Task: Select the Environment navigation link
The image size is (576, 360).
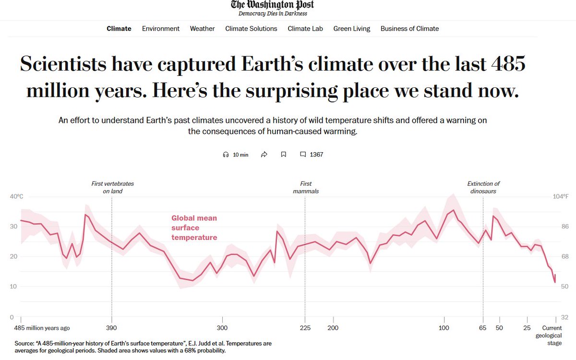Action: pyautogui.click(x=160, y=29)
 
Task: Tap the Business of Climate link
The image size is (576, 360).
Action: pyautogui.click(x=409, y=29)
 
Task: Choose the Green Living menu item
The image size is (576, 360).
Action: pyautogui.click(x=351, y=29)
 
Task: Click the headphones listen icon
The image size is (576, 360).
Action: pyautogui.click(x=226, y=155)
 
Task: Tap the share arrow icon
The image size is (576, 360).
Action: pyautogui.click(x=264, y=155)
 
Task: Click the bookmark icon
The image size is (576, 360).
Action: pyautogui.click(x=283, y=155)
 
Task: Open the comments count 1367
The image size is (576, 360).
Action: pyautogui.click(x=312, y=155)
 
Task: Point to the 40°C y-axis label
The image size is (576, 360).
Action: pyautogui.click(x=16, y=196)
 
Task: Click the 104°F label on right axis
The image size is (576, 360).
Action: pyautogui.click(x=560, y=196)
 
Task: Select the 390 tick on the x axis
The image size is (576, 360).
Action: pyautogui.click(x=112, y=328)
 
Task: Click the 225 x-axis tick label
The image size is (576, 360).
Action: pyautogui.click(x=305, y=328)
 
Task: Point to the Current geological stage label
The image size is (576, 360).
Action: pyautogui.click(x=548, y=336)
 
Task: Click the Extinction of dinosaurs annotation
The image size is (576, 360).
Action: pyautogui.click(x=483, y=187)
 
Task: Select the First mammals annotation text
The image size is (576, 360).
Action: pyautogui.click(x=306, y=187)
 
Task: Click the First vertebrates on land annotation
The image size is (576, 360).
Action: pyautogui.click(x=112, y=187)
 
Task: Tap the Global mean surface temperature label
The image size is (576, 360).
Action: pyautogui.click(x=194, y=228)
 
